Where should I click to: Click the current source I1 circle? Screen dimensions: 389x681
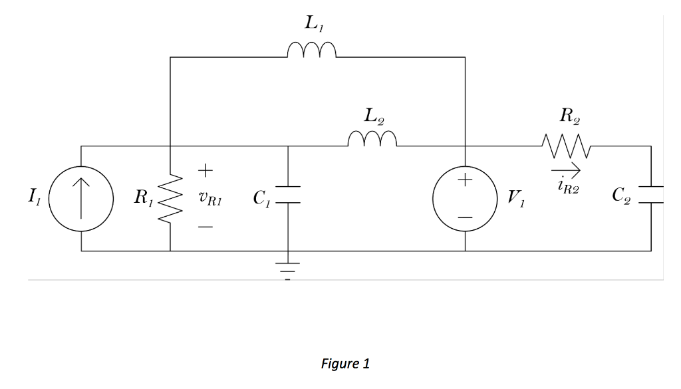tap(81, 198)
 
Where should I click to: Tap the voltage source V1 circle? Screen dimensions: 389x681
tap(464, 198)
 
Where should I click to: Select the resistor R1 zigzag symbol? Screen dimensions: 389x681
tap(170, 198)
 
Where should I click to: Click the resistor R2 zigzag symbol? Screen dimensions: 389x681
tap(565, 142)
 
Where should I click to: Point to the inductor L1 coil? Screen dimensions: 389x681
tap(312, 51)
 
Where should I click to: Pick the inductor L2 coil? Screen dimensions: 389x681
tap(372, 138)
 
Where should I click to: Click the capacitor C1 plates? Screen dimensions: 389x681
tap(288, 193)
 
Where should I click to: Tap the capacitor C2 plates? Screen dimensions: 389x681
tap(651, 193)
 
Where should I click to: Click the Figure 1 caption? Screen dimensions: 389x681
tap(344, 364)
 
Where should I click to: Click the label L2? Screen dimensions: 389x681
tap(373, 115)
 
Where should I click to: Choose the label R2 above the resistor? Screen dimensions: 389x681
tap(566, 116)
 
